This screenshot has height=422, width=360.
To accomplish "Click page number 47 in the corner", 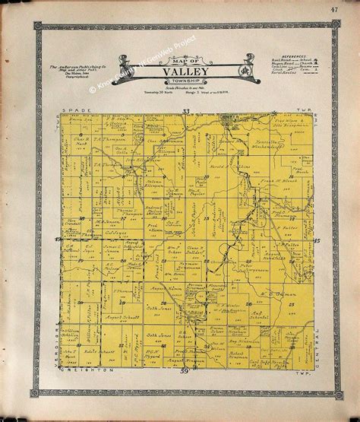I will tap(333, 9).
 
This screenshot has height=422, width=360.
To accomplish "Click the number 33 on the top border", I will tap(185, 112).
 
